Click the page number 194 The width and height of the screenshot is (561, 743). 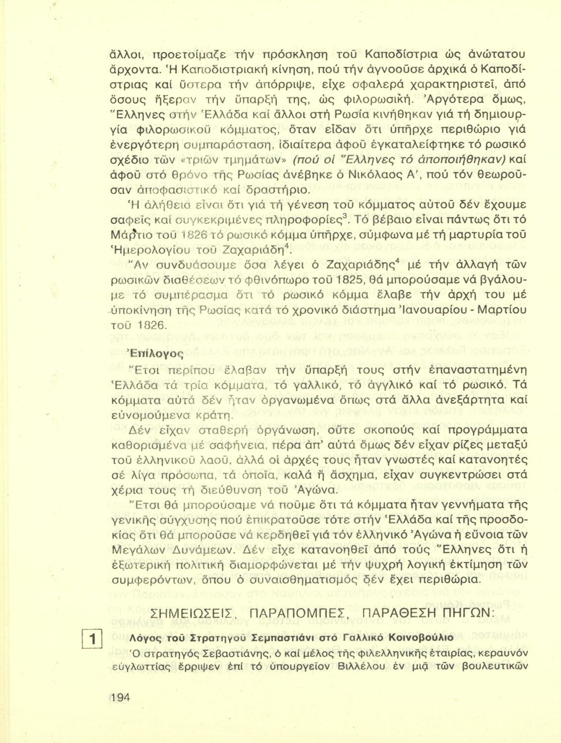(x=120, y=697)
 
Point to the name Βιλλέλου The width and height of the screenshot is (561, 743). (x=364, y=666)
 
